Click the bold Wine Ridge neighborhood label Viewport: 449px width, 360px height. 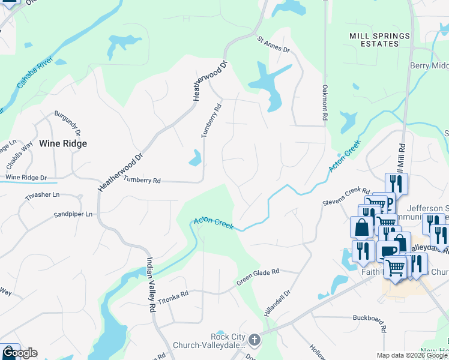click(x=63, y=143)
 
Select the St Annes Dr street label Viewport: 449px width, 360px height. click(x=273, y=44)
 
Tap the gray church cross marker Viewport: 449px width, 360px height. click(x=255, y=340)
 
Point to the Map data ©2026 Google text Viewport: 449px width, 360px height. click(x=411, y=355)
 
